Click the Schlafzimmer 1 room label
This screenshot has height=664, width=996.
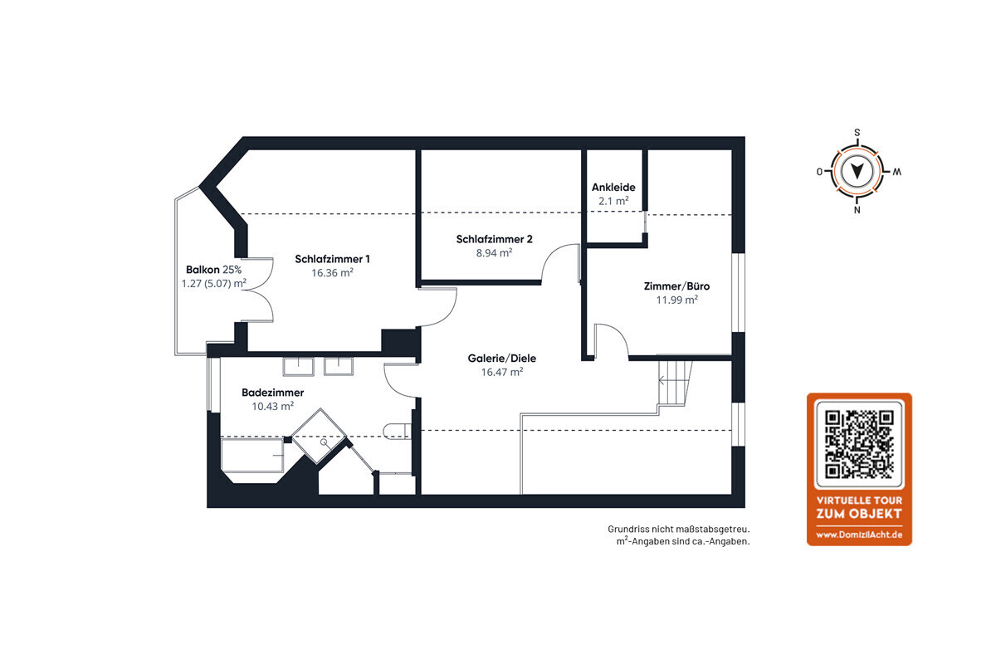[x=332, y=259]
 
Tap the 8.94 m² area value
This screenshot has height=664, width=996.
[x=494, y=253]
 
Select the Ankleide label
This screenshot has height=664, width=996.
[x=613, y=188]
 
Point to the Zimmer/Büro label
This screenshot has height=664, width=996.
[x=676, y=286]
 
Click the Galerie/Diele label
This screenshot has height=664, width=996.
[x=501, y=358]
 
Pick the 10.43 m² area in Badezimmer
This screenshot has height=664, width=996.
[x=272, y=406]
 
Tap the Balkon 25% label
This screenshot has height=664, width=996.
[x=213, y=270]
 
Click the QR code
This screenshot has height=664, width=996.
[x=859, y=444]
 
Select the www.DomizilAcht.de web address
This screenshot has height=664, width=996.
[x=859, y=535]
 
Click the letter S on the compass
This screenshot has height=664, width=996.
[x=857, y=133]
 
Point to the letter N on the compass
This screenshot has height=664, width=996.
[x=857, y=210]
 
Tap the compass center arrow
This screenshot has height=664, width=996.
[x=857, y=171]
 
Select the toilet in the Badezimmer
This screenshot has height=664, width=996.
[x=396, y=432]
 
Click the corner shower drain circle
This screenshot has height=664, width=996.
[x=324, y=442]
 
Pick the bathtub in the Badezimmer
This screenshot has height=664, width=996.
[x=252, y=456]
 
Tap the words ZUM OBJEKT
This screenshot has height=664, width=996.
[x=859, y=514]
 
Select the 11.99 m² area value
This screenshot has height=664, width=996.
[x=676, y=300]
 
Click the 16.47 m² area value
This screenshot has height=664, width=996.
[x=502, y=372]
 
